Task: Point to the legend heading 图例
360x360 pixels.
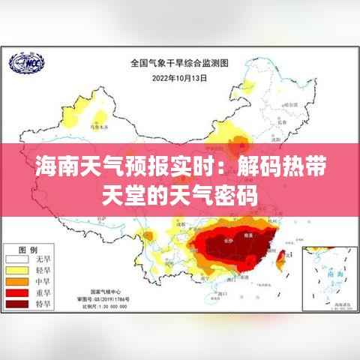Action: (x=28, y=248)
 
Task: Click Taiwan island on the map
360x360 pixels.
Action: (x=283, y=259)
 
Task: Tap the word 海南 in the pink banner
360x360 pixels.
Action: (x=55, y=168)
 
